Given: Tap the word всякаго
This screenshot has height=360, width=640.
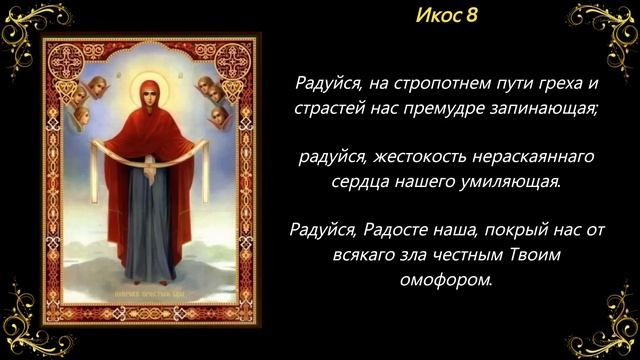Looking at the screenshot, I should pos(363,257).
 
